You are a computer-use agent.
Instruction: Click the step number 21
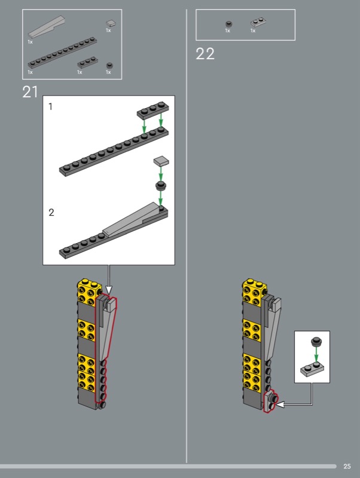[x=30, y=92]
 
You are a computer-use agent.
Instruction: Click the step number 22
[x=205, y=54]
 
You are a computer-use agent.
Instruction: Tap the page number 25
[x=347, y=466]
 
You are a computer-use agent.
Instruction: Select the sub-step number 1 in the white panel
[x=51, y=106]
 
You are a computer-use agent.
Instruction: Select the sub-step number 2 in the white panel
[x=51, y=212]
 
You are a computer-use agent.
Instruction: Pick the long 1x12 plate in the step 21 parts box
[x=63, y=53]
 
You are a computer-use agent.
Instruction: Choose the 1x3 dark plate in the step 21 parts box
[x=87, y=62]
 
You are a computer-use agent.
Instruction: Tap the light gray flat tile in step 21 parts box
[x=111, y=23]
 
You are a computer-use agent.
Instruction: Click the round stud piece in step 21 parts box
[x=109, y=66]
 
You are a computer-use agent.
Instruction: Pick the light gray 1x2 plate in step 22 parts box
[x=258, y=23]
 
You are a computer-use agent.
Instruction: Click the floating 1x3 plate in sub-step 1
[x=153, y=111]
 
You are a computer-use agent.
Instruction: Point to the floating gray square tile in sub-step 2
[x=161, y=161]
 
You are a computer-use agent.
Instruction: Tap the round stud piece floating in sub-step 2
[x=161, y=185]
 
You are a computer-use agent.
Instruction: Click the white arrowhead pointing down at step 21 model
[x=109, y=290]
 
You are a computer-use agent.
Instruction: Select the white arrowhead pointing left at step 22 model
[x=280, y=405]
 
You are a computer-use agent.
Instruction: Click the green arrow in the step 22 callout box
[x=316, y=355]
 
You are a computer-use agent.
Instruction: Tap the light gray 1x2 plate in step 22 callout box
[x=312, y=368]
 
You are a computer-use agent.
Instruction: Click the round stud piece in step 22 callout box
[x=316, y=341]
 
